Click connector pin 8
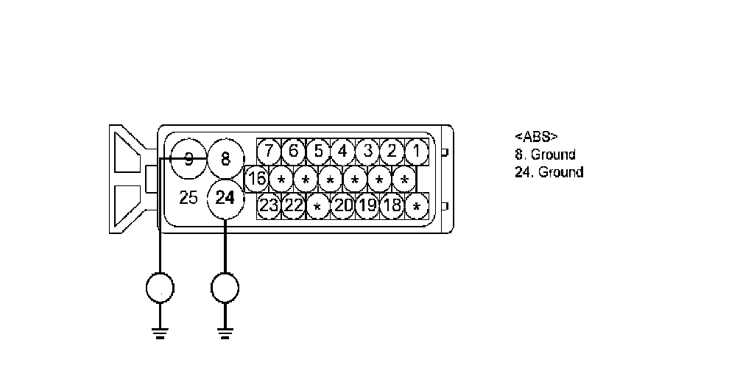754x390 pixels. tap(225, 158)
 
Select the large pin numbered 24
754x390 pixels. tap(226, 197)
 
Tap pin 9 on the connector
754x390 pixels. tap(188, 158)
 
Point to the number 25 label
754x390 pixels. tap(188, 198)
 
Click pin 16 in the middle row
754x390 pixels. tap(257, 178)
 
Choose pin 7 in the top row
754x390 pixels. tap(269, 152)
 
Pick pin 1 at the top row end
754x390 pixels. tap(417, 152)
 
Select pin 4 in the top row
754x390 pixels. tap(343, 152)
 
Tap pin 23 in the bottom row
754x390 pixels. tap(269, 205)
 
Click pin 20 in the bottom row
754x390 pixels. tap(343, 205)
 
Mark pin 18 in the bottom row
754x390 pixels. tap(392, 205)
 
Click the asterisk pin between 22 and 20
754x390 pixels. tap(318, 205)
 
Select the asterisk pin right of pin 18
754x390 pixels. tap(417, 205)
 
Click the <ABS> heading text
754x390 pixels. tap(535, 137)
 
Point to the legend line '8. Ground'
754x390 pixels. tap(544, 155)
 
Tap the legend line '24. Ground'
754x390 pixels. tap(549, 172)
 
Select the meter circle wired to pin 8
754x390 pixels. tap(159, 288)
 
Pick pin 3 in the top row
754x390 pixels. tap(367, 152)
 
